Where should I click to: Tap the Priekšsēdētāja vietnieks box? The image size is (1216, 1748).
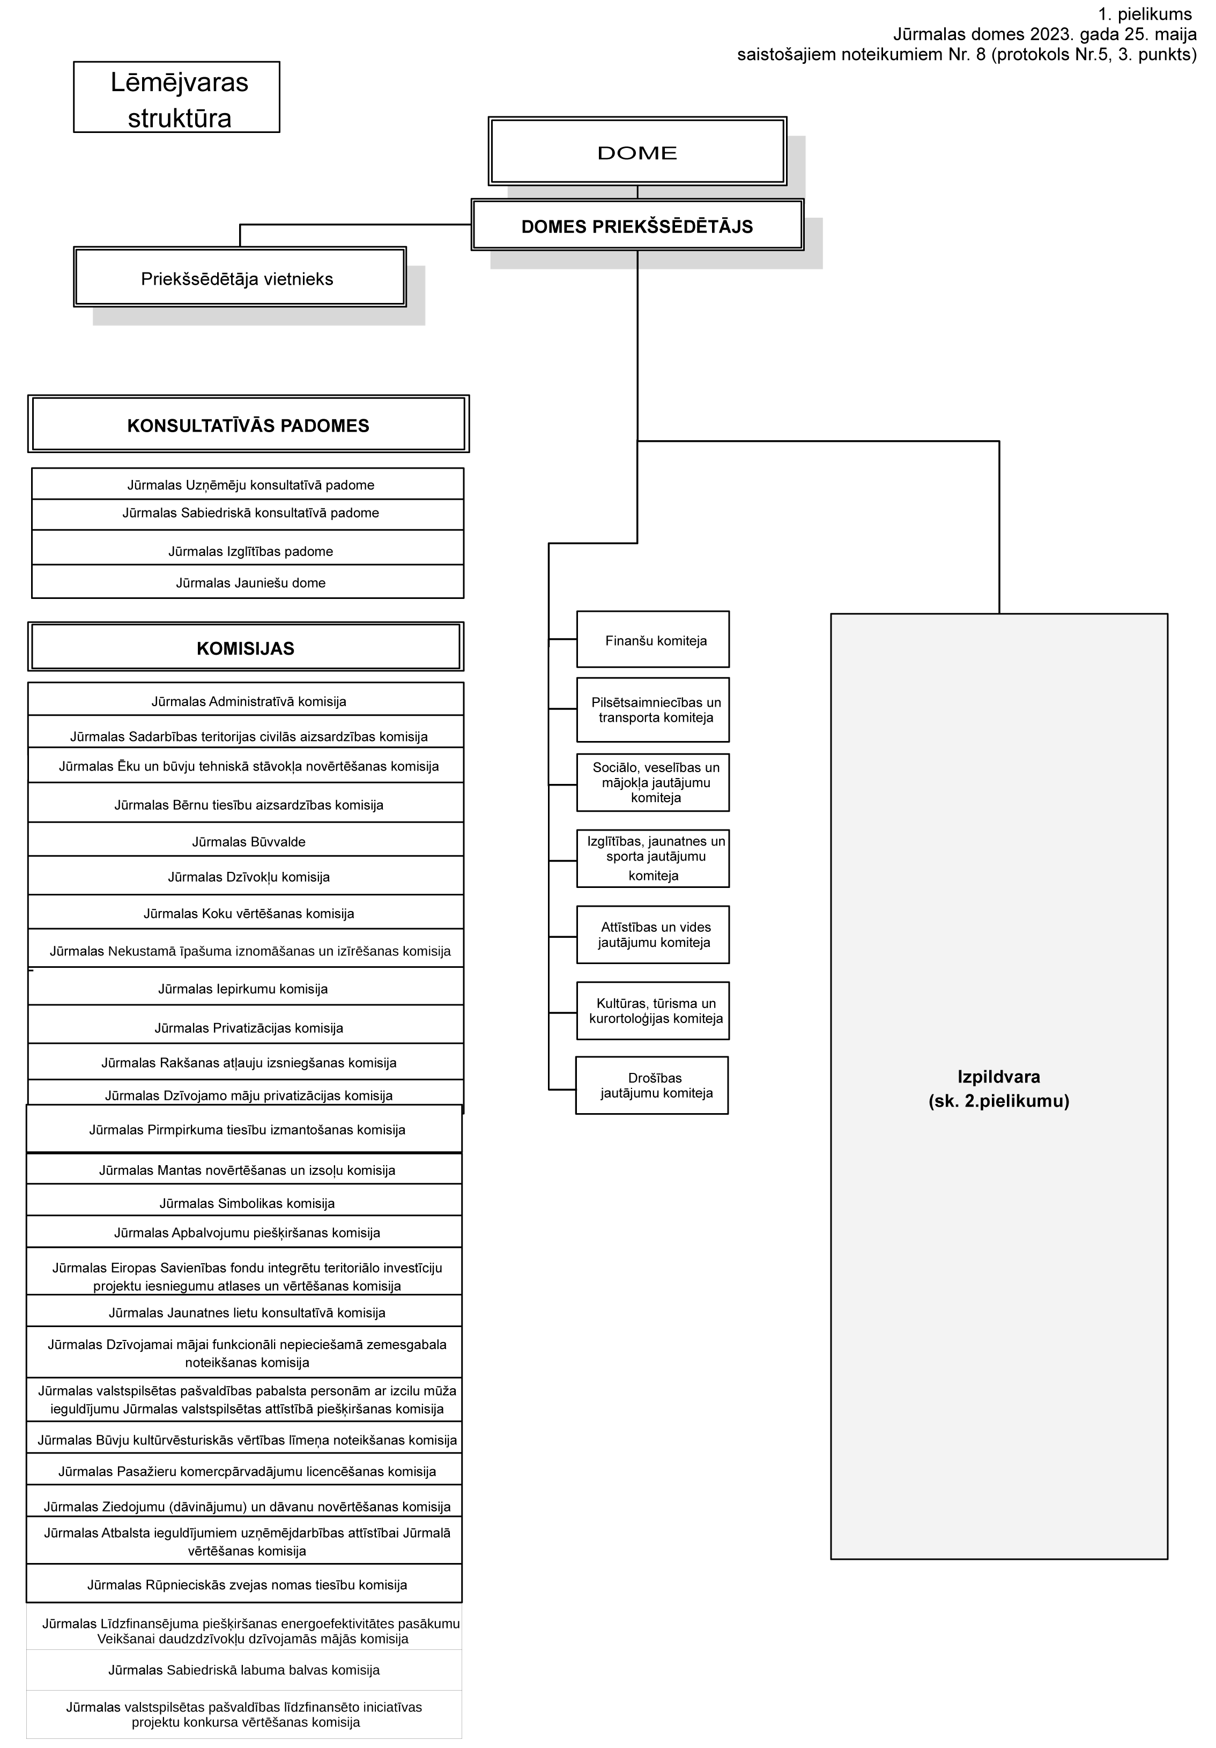(x=239, y=277)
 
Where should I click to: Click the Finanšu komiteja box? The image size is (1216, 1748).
(x=653, y=640)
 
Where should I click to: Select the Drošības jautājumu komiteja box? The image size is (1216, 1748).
(x=652, y=1085)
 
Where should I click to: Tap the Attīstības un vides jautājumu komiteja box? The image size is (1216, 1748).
(x=653, y=934)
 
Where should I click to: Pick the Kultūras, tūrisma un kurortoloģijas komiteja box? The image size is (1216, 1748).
(x=653, y=1010)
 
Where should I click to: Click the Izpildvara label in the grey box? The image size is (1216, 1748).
(x=998, y=1088)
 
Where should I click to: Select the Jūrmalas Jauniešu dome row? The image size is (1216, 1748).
(x=248, y=582)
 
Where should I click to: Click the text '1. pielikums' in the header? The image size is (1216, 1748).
(x=1145, y=14)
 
